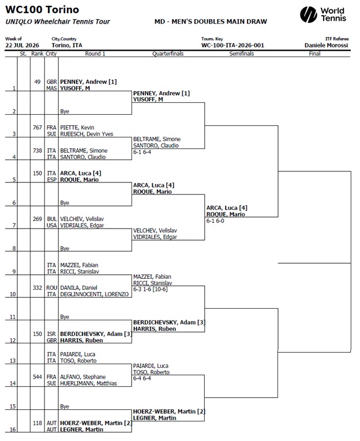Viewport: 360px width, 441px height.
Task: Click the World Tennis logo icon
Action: [308, 14]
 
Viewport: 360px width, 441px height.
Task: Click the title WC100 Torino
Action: [42, 10]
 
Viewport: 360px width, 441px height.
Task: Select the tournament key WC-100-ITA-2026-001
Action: [232, 45]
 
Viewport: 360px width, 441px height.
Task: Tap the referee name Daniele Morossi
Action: [327, 45]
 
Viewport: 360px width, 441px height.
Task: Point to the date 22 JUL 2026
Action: [22, 45]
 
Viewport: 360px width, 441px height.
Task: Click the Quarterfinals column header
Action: [168, 54]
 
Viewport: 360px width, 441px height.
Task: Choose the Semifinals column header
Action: [241, 54]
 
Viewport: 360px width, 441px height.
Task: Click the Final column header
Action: [314, 54]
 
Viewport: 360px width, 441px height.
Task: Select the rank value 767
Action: [37, 128]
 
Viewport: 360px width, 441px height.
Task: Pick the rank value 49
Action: [37, 82]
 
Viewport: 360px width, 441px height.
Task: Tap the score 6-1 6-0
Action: [215, 221]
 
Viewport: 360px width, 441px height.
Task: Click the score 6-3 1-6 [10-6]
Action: [151, 289]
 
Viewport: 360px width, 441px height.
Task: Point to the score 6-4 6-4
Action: [142, 379]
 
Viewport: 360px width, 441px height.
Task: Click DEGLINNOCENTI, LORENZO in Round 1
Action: [95, 294]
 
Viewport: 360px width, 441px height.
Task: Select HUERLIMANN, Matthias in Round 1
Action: [88, 383]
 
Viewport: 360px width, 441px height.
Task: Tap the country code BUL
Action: [52, 219]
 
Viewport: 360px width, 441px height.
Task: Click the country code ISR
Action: [52, 334]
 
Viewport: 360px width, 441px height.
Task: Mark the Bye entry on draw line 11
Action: [65, 317]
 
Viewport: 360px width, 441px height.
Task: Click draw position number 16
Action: [13, 429]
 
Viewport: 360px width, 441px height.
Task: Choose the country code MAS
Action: [52, 88]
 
